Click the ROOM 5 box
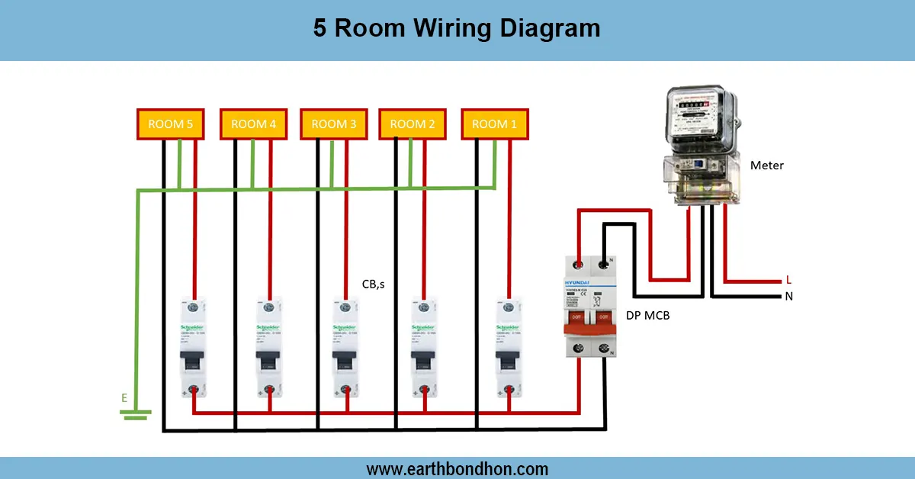170,124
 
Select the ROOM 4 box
253,124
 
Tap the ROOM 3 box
333,124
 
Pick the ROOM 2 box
413,124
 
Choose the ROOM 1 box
494,124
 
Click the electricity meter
701,145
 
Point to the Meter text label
766,166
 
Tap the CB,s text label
374,285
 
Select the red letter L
788,281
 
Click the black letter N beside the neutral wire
788,296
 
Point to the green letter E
124,397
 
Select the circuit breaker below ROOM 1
508,347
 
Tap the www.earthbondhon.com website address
457,468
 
